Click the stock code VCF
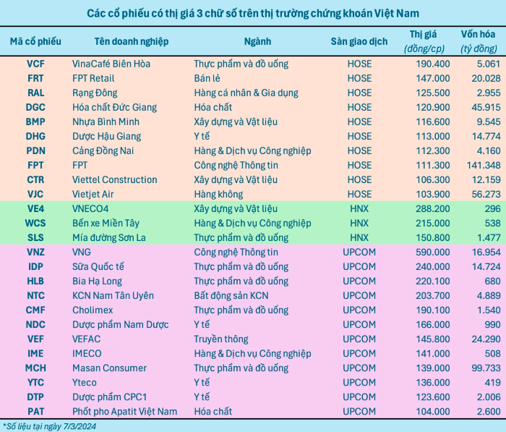click(x=35, y=64)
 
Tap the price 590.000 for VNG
click(x=429, y=252)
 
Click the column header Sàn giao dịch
click(x=359, y=41)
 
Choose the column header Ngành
click(x=258, y=41)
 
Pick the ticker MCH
click(x=35, y=368)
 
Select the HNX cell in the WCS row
click(x=359, y=223)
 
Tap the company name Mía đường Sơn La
click(x=108, y=237)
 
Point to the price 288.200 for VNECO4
click(x=429, y=208)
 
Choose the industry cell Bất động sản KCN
click(x=231, y=295)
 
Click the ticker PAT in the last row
click(x=35, y=411)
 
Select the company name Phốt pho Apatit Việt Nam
click(x=124, y=411)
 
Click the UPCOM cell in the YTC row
click(x=359, y=382)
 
